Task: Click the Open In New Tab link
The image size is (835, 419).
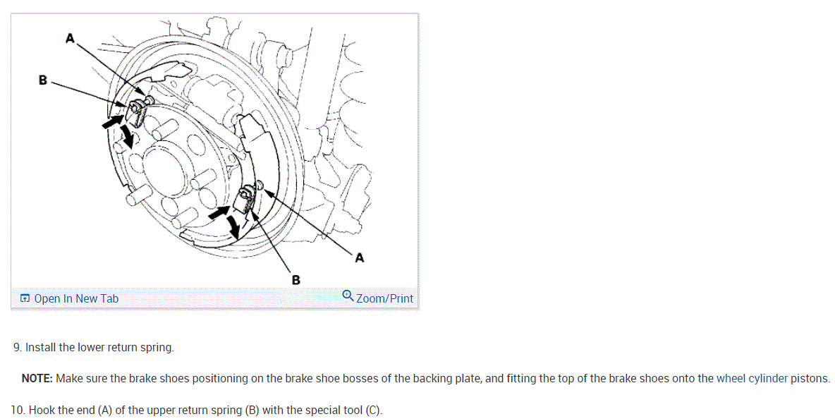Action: point(76,298)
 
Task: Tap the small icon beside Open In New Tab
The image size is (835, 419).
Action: point(25,298)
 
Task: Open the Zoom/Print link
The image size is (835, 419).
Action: point(384,298)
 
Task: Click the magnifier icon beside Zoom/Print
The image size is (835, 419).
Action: point(348,296)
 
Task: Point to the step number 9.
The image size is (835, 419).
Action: point(17,348)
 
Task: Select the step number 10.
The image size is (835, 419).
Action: point(18,411)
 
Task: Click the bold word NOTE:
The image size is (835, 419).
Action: point(37,379)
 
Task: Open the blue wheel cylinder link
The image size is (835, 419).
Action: point(752,379)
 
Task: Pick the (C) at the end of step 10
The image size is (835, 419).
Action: point(373,411)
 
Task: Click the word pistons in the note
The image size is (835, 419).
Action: point(810,379)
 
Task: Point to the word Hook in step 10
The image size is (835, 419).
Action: point(42,411)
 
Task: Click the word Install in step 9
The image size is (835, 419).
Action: point(41,348)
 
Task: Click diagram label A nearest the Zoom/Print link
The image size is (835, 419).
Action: point(360,258)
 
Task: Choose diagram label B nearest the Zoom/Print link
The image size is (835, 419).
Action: point(295,280)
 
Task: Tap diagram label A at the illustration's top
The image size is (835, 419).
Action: point(70,39)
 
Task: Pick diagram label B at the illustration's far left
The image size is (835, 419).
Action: point(43,80)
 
